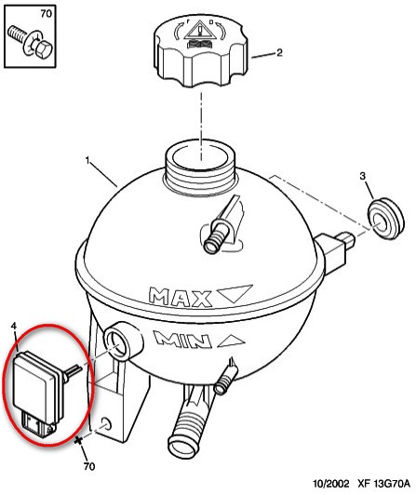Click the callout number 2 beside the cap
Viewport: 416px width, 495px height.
pyautogui.click(x=279, y=52)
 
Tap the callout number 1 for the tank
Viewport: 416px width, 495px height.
pyautogui.click(x=87, y=161)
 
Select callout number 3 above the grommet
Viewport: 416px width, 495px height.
pyautogui.click(x=362, y=176)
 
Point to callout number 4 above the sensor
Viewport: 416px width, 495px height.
pyautogui.click(x=14, y=326)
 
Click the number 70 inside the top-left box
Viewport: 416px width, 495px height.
pyautogui.click(x=46, y=14)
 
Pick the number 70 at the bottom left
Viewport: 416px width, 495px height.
pyautogui.click(x=89, y=466)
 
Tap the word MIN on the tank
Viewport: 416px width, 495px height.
pyautogui.click(x=182, y=340)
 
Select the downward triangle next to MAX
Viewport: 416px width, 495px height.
pyautogui.click(x=235, y=293)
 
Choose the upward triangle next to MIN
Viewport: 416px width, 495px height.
pyautogui.click(x=231, y=341)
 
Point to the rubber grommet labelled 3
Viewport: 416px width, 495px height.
pyautogui.click(x=385, y=219)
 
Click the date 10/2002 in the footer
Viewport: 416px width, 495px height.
pyautogui.click(x=331, y=484)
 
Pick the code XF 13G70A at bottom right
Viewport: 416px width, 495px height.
pyautogui.click(x=383, y=484)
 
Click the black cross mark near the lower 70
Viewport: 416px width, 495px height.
pyautogui.click(x=79, y=440)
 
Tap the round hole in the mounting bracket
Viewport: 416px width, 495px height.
pyautogui.click(x=107, y=424)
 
